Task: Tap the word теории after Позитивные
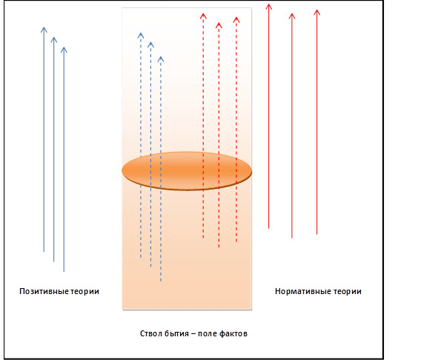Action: pyautogui.click(x=84, y=291)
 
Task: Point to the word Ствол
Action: pyautogui.click(x=150, y=333)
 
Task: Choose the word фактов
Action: pyautogui.click(x=233, y=333)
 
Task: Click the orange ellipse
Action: pyautogui.click(x=187, y=171)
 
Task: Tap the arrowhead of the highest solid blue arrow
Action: pyautogui.click(x=44, y=30)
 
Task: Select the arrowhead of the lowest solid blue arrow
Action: pyautogui.click(x=64, y=50)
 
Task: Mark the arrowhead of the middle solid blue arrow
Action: pyautogui.click(x=54, y=40)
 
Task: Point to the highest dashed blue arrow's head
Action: pyautogui.click(x=141, y=36)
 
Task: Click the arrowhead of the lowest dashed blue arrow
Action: pyautogui.click(x=161, y=59)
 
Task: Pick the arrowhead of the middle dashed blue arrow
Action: pyautogui.click(x=151, y=44)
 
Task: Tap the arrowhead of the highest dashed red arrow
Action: pyautogui.click(x=203, y=16)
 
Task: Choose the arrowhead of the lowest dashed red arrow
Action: pyautogui.click(x=219, y=25)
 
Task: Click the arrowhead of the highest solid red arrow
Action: pyautogui.click(x=269, y=7)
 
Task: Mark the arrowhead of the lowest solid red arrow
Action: pyautogui.click(x=292, y=16)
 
